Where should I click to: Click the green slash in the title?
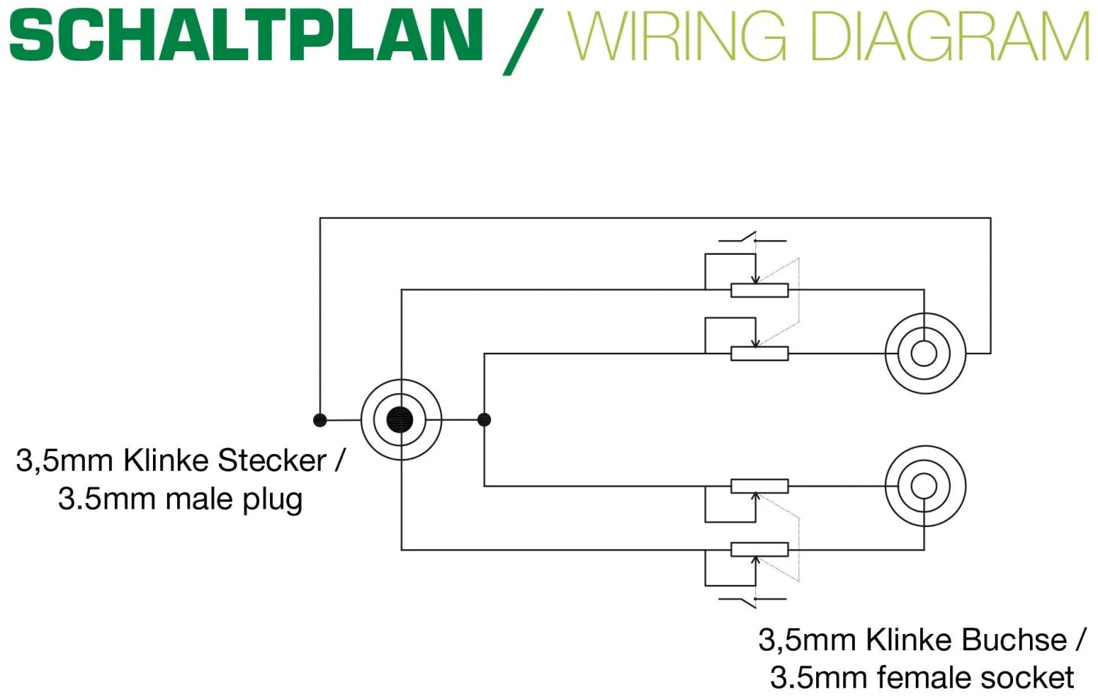pos(523,41)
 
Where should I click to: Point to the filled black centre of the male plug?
pos(400,420)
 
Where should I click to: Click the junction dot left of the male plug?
pos(320,420)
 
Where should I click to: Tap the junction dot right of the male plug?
pos(484,420)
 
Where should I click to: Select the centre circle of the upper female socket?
pos(924,354)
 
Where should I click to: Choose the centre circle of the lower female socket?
pos(924,485)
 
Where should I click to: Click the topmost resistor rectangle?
pos(760,290)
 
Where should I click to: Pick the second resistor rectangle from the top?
pos(760,354)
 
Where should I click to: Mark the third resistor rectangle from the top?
pos(760,485)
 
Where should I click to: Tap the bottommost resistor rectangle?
pos(760,549)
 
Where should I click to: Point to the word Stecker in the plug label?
pos(272,461)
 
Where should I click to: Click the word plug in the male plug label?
pos(272,500)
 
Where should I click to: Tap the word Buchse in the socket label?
pos(1014,640)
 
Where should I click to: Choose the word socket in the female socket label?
pos(1028,677)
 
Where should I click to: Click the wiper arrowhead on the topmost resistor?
pos(755,280)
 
